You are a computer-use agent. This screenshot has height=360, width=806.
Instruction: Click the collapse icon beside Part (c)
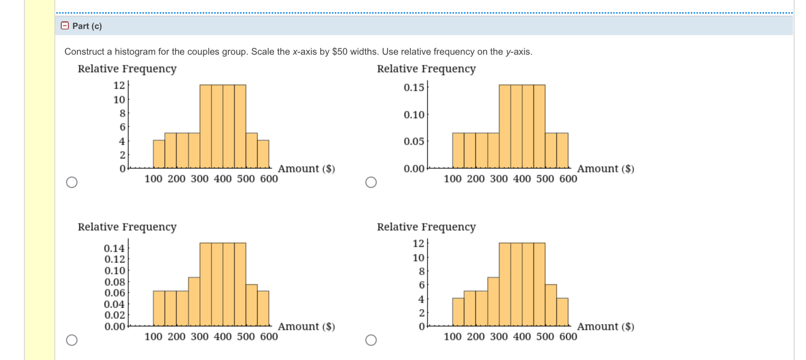(65, 25)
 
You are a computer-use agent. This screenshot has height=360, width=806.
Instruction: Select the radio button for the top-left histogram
(72, 182)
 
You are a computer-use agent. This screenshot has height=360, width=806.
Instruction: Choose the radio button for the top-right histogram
(371, 182)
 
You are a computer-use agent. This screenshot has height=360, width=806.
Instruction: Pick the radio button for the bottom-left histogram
(72, 340)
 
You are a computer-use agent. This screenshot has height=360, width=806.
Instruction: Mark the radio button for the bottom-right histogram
(371, 340)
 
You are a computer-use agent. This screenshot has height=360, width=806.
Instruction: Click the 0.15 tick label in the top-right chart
(414, 87)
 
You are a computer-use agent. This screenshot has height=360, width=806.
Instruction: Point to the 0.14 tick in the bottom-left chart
(114, 248)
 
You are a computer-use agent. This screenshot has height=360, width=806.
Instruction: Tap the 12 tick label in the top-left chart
(119, 85)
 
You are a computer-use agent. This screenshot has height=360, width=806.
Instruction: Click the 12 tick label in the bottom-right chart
(418, 243)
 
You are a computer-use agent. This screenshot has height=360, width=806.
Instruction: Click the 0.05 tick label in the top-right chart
(414, 141)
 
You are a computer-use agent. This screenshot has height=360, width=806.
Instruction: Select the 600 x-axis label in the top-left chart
(269, 179)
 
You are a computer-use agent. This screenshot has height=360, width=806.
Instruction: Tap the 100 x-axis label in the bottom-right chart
(452, 336)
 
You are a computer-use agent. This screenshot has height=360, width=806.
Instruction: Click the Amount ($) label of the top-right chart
(605, 169)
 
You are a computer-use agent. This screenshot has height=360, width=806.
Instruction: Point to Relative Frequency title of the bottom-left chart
(127, 226)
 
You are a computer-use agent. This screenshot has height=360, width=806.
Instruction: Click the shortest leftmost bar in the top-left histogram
(159, 154)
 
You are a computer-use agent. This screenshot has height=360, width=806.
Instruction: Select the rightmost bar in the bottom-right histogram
(562, 312)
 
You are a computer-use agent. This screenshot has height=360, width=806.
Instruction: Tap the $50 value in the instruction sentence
(340, 51)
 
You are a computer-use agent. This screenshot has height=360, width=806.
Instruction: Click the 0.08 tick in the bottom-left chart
(114, 282)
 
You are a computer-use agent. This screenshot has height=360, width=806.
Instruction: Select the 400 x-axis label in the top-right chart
(522, 179)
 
